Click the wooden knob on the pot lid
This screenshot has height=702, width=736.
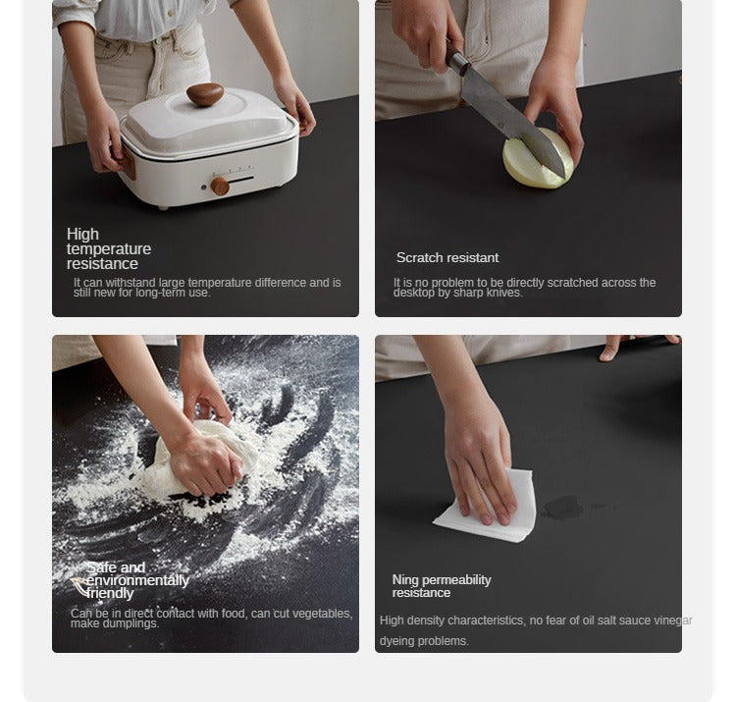click(205, 94)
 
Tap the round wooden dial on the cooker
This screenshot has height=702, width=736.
click(220, 186)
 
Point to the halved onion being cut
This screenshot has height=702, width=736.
click(538, 159)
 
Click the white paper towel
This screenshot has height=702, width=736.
click(487, 508)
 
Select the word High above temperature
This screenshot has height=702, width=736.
click(82, 234)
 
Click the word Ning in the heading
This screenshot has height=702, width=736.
click(405, 580)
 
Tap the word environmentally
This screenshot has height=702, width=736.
click(138, 581)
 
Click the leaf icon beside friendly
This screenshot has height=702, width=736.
click(79, 587)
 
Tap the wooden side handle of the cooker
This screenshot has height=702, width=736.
click(126, 162)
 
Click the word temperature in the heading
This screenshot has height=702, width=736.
click(109, 248)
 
